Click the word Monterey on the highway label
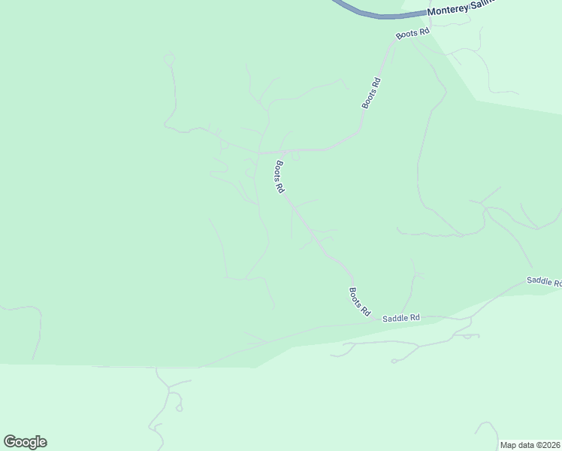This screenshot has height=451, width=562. click(447, 11)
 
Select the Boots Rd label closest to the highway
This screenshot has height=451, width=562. click(413, 33)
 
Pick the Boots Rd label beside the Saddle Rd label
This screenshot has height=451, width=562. click(360, 301)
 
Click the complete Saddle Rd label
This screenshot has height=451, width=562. click(400, 319)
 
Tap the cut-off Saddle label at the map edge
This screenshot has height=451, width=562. click(544, 281)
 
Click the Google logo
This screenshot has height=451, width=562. click(25, 442)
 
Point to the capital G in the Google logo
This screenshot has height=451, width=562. click(9, 442)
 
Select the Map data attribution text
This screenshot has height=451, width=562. click(529, 445)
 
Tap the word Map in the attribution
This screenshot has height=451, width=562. click(508, 445)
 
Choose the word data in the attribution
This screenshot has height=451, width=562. click(524, 445)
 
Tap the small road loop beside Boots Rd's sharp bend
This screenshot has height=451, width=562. click(295, 156)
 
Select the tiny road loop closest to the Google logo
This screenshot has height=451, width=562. click(179, 408)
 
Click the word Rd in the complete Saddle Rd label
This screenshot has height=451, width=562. click(414, 319)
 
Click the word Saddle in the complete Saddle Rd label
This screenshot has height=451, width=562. click(394, 319)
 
